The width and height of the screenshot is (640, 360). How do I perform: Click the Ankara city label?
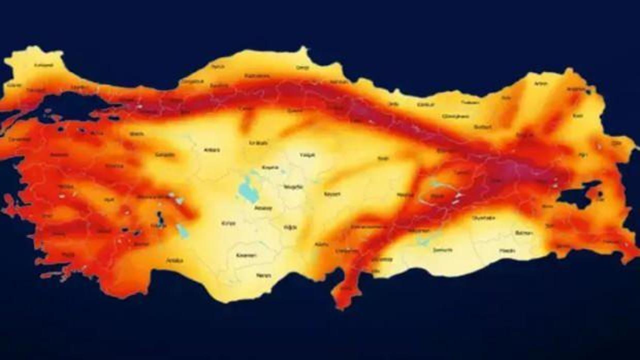(212, 149)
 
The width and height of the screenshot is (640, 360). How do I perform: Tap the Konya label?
(228, 223)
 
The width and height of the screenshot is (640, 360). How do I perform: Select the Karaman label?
(246, 255)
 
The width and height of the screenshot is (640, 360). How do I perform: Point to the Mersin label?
(263, 275)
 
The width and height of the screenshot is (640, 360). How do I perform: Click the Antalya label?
(174, 260)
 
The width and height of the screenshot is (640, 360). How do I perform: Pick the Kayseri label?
(332, 193)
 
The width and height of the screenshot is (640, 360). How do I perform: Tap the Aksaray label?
(263, 207)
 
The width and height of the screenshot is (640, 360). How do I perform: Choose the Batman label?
(524, 233)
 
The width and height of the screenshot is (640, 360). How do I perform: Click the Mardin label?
(507, 250)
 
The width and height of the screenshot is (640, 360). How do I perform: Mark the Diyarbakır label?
(483, 217)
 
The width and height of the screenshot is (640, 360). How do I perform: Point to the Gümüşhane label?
(454, 116)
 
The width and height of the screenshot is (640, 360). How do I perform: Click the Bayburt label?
(482, 127)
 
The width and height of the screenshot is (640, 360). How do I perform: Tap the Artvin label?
(540, 83)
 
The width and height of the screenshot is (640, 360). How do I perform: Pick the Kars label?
(578, 115)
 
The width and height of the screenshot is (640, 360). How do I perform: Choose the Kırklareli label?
(44, 65)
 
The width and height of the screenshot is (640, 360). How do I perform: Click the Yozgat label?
(307, 155)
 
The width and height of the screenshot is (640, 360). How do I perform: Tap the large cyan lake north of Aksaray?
(246, 189)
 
